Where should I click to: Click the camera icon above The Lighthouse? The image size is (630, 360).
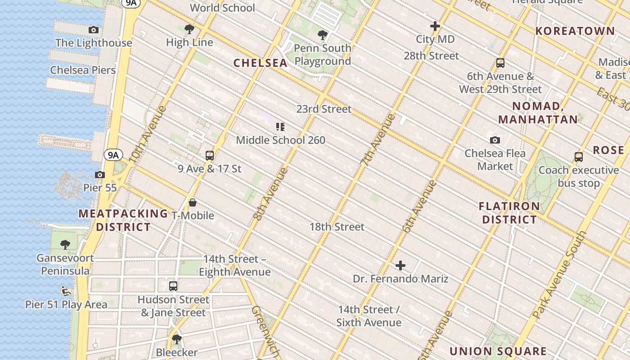[x=94, y=30]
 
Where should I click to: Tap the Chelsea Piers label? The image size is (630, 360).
[x=83, y=70]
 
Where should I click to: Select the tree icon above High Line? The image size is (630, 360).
[x=189, y=29]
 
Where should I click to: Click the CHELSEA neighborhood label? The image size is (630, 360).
[x=261, y=63]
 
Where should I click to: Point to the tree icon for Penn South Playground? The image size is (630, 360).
[x=322, y=35]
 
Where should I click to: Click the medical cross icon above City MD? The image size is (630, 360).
[x=435, y=26]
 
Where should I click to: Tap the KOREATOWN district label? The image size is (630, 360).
[x=575, y=31]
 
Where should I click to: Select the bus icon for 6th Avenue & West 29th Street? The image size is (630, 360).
[x=500, y=63]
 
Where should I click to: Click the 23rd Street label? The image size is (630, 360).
[x=324, y=109]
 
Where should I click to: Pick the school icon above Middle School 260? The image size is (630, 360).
[x=280, y=127]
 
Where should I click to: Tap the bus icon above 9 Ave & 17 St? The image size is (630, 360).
[x=209, y=156]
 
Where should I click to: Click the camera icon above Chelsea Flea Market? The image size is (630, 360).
[x=495, y=140]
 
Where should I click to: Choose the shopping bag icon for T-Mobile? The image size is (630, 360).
[x=193, y=202]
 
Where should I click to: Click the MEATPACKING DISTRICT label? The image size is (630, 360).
[x=123, y=220]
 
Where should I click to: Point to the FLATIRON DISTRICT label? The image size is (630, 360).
[x=509, y=213]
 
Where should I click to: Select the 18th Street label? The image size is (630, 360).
[x=337, y=227]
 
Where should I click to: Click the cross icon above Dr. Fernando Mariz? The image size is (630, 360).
[x=400, y=265]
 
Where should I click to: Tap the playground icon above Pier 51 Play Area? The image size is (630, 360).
[x=66, y=291]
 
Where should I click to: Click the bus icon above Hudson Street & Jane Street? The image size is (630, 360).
[x=173, y=286]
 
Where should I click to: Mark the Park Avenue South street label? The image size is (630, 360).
[x=559, y=275]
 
